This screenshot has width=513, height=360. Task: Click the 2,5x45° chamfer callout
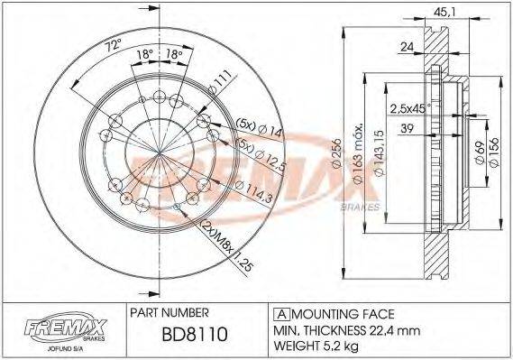click(409, 108)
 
